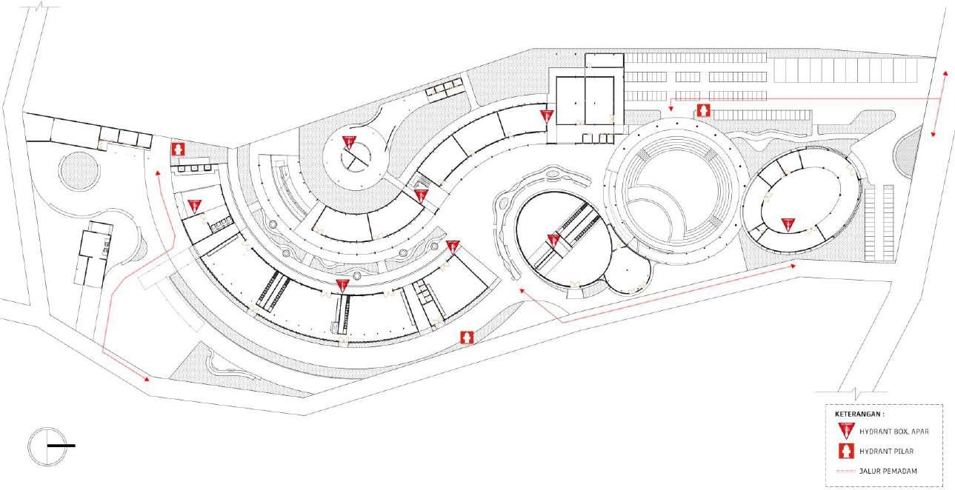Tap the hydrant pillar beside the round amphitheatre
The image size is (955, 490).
703,111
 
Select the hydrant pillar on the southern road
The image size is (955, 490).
467,338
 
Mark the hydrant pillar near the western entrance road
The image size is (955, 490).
178,148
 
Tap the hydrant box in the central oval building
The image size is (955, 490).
553,241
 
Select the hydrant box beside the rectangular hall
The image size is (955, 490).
547,115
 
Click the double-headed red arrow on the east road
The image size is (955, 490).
939,104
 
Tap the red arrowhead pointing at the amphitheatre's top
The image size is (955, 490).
671,110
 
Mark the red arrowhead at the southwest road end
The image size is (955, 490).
148,379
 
